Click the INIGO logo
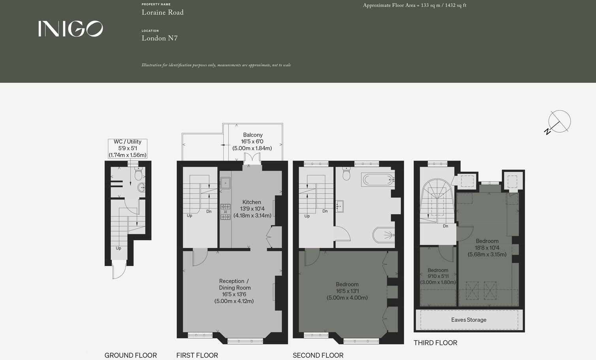[x=71, y=29]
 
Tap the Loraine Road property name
[x=163, y=13]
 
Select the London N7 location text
[x=160, y=38]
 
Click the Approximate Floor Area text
[x=414, y=6]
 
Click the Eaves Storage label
[x=469, y=320]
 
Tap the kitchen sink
[x=226, y=183]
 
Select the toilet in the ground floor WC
[x=138, y=173]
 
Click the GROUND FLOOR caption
[x=131, y=355]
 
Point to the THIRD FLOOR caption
[x=435, y=343]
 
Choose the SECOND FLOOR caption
[x=318, y=355]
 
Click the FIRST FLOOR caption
[x=197, y=355]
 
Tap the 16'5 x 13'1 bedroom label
[x=347, y=291]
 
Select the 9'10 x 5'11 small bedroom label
[x=438, y=276]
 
